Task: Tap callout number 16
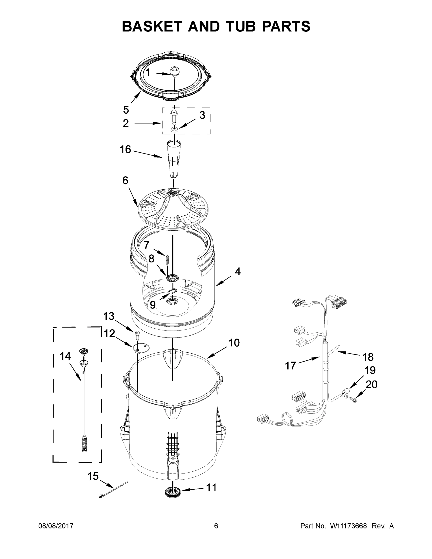coord(125,150)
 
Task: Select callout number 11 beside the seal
coord(211,488)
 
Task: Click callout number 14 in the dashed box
coord(65,356)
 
